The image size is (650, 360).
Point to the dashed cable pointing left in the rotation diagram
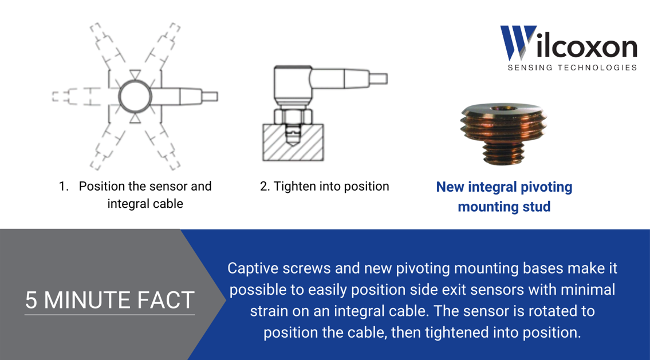pyautogui.click(x=74, y=96)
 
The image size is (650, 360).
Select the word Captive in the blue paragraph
pyautogui.click(x=253, y=268)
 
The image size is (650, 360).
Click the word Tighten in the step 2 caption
pyautogui.click(x=294, y=187)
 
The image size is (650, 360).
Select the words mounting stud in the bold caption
pyautogui.click(x=504, y=207)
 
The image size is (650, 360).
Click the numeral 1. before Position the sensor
pyautogui.click(x=64, y=187)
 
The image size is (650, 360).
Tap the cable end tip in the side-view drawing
pyautogui.click(x=379, y=78)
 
